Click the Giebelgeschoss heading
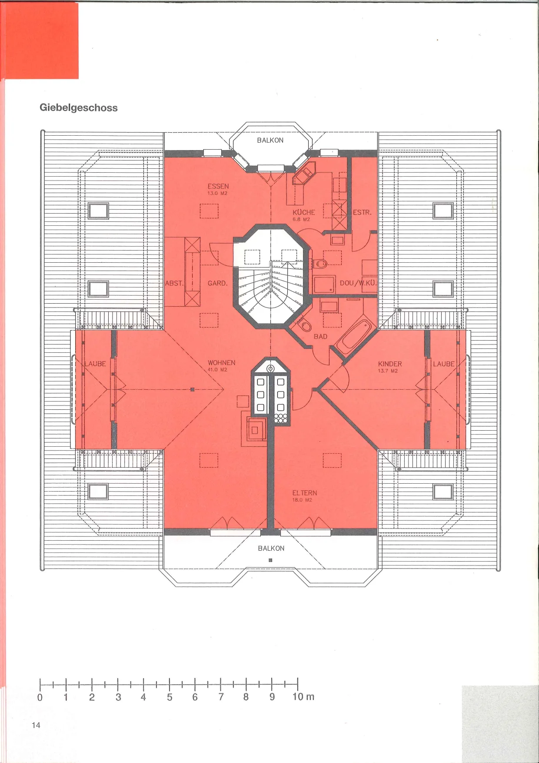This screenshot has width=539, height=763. [x=79, y=108]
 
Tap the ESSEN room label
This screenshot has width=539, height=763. [x=218, y=186]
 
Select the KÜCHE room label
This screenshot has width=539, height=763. [x=304, y=212]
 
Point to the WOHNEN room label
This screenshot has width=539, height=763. [x=221, y=362]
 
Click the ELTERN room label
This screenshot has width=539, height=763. [x=305, y=493]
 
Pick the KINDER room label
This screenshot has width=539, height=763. [x=390, y=364]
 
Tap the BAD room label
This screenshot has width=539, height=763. [x=320, y=336]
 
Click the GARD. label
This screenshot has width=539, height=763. [x=217, y=283]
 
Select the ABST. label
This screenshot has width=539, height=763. [x=174, y=283]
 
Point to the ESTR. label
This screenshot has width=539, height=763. [x=362, y=212]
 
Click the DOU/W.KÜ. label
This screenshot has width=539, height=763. [x=358, y=283]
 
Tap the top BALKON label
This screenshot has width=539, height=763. [x=270, y=140]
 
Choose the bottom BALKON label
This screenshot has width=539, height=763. [x=271, y=548]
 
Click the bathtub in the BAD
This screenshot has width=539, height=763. [x=354, y=337]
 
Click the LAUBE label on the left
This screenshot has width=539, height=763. [x=95, y=364]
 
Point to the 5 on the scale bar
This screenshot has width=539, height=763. [x=170, y=697]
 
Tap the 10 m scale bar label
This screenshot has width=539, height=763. [x=303, y=697]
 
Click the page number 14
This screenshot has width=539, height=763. [x=36, y=725]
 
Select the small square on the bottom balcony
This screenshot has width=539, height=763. [x=270, y=560]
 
